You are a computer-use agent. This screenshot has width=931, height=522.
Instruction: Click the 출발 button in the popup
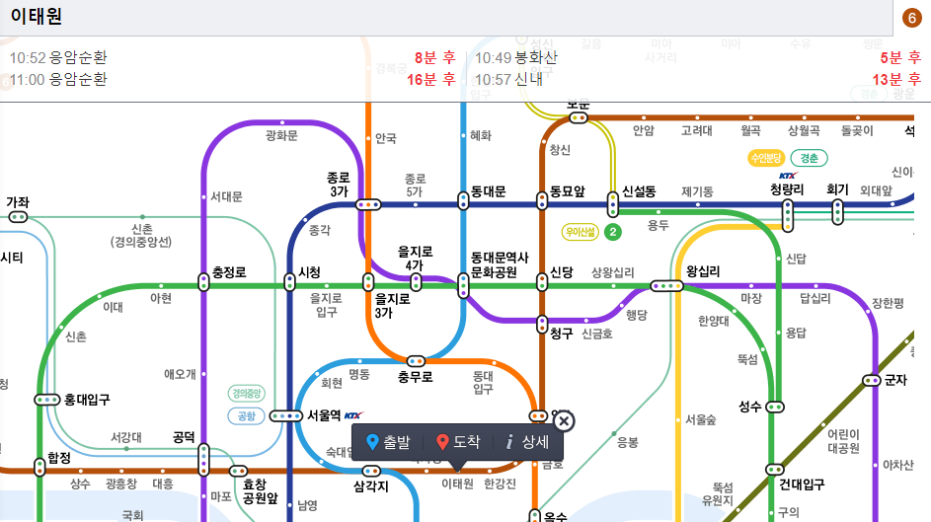(387, 442)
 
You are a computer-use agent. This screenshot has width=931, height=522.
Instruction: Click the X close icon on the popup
(564, 422)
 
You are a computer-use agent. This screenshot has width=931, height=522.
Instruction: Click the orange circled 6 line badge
(913, 18)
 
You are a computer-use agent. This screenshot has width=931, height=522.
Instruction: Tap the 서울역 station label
(324, 415)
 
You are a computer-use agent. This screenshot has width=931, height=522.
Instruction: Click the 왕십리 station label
(703, 271)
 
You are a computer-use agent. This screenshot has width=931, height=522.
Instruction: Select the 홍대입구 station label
(87, 400)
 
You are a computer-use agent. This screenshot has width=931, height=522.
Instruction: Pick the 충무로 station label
(416, 376)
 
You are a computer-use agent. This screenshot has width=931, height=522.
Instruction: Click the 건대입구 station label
(802, 485)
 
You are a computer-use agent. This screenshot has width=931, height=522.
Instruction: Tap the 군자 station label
(895, 380)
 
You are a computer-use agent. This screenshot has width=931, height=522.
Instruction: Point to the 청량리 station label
(787, 189)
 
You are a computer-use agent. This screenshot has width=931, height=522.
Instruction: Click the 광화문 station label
(281, 135)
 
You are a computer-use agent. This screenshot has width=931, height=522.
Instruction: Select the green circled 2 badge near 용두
(613, 233)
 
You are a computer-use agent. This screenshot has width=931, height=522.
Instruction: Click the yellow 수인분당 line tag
(766, 158)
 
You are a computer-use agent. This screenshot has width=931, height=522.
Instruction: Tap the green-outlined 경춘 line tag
(809, 158)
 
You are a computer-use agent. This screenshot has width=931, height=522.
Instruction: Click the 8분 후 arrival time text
(434, 58)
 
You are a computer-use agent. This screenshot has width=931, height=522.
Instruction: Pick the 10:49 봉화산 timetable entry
(516, 58)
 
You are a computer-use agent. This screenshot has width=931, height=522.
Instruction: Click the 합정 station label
(59, 458)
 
